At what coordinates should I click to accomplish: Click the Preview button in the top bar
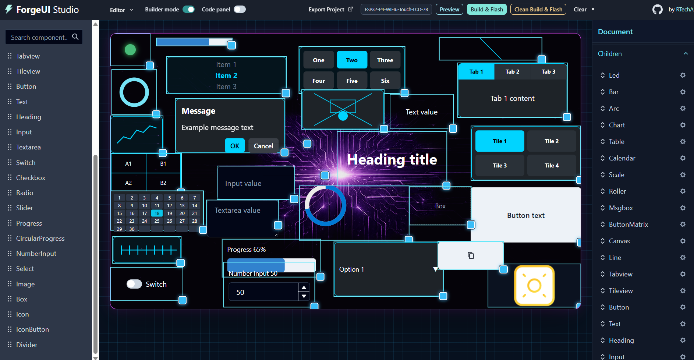pyautogui.click(x=449, y=9)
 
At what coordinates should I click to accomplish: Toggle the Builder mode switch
pyautogui.click(x=188, y=9)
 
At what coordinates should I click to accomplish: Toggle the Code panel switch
pyautogui.click(x=240, y=9)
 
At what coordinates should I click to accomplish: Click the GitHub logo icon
pyautogui.click(x=657, y=9)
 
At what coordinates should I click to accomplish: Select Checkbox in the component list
pyautogui.click(x=31, y=177)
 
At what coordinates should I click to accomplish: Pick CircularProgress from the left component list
pyautogui.click(x=40, y=238)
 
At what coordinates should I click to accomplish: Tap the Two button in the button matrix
pyautogui.click(x=352, y=60)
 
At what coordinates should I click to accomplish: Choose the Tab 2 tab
pyautogui.click(x=512, y=71)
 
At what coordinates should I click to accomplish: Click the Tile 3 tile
pyautogui.click(x=500, y=165)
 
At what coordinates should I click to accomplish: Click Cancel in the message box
pyautogui.click(x=263, y=146)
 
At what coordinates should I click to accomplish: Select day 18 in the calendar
pyautogui.click(x=157, y=213)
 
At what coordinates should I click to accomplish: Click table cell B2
pyautogui.click(x=163, y=183)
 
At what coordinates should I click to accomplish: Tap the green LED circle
pyautogui.click(x=130, y=49)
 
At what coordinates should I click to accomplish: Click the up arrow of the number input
pyautogui.click(x=304, y=287)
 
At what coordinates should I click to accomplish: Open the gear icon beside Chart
pyautogui.click(x=683, y=125)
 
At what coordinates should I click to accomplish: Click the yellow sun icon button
pyautogui.click(x=534, y=285)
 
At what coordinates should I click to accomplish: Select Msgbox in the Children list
pyautogui.click(x=621, y=208)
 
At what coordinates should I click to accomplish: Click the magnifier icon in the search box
pyautogui.click(x=75, y=37)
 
